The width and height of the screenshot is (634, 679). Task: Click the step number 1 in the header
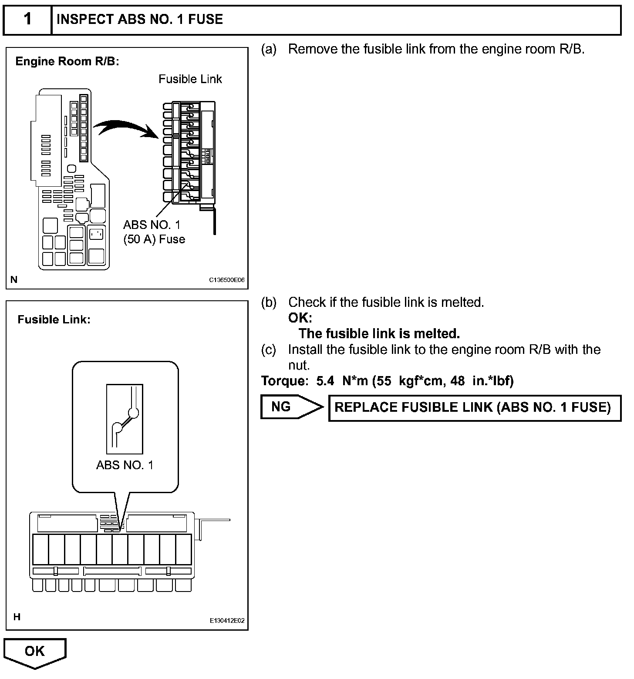click(x=27, y=20)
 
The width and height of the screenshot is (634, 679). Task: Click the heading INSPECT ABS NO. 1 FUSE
click(x=140, y=20)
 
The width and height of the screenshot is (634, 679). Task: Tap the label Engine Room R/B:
click(x=67, y=61)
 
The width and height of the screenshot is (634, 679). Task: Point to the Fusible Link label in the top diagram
click(x=190, y=79)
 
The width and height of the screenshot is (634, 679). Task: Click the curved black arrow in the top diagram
click(x=126, y=128)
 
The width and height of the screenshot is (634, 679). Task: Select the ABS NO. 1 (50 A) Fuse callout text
click(x=154, y=232)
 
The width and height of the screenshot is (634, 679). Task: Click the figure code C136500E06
click(x=227, y=280)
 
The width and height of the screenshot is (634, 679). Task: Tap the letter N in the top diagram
click(x=14, y=279)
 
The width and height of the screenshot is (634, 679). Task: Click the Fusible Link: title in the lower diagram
click(x=54, y=320)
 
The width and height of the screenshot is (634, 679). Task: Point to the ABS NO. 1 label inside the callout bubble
click(x=125, y=465)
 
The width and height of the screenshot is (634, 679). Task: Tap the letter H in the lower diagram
click(x=17, y=617)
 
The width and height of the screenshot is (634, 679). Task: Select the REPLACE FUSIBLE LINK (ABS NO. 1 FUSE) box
click(x=475, y=408)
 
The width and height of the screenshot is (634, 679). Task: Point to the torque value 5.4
click(x=325, y=381)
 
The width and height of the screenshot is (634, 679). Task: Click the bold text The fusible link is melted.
click(x=379, y=334)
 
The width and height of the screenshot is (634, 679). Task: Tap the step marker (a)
click(x=269, y=49)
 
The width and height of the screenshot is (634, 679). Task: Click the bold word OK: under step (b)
click(x=300, y=318)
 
